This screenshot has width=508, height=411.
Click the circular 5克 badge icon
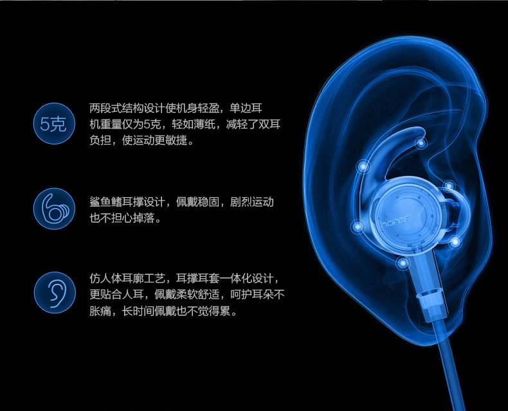pos(54,124)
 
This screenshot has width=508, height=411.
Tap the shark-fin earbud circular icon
pos(54,209)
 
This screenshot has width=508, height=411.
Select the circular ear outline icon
pos(55,293)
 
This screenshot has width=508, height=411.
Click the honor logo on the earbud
pos(395,222)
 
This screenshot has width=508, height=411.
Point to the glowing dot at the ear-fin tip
pos(421,143)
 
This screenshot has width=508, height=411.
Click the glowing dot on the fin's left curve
pos(363,167)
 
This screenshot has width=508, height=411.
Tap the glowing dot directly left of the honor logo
pos(358,226)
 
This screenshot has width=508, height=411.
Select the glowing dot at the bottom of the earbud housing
pos(403,263)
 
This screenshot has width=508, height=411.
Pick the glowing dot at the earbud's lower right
pos(455,241)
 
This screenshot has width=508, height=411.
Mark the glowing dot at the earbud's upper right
pos(449,186)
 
